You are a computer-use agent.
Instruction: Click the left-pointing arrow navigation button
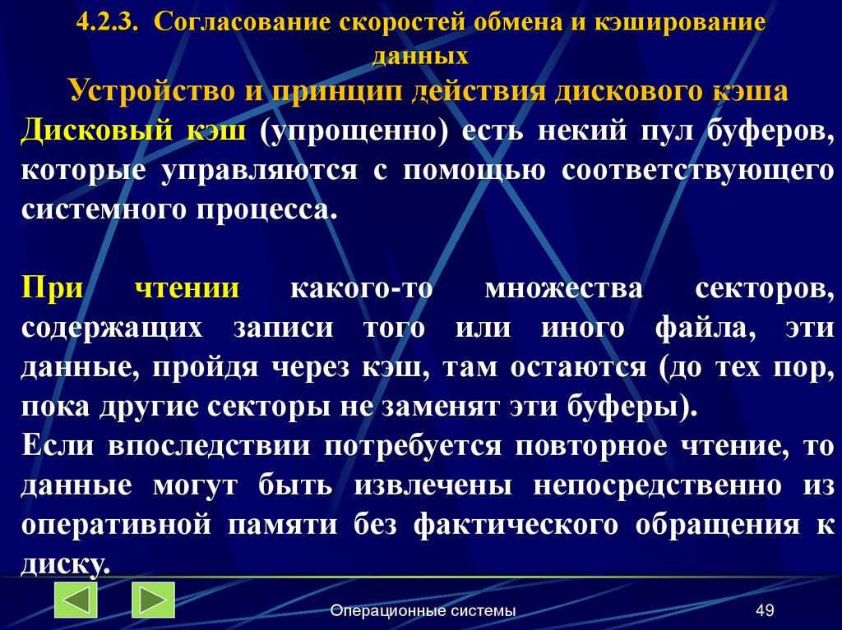click(x=76, y=600)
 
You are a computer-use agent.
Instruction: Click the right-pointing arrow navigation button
click(x=153, y=600)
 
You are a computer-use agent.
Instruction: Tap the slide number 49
click(x=765, y=610)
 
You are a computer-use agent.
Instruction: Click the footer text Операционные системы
click(x=423, y=610)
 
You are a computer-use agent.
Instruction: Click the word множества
click(x=563, y=289)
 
